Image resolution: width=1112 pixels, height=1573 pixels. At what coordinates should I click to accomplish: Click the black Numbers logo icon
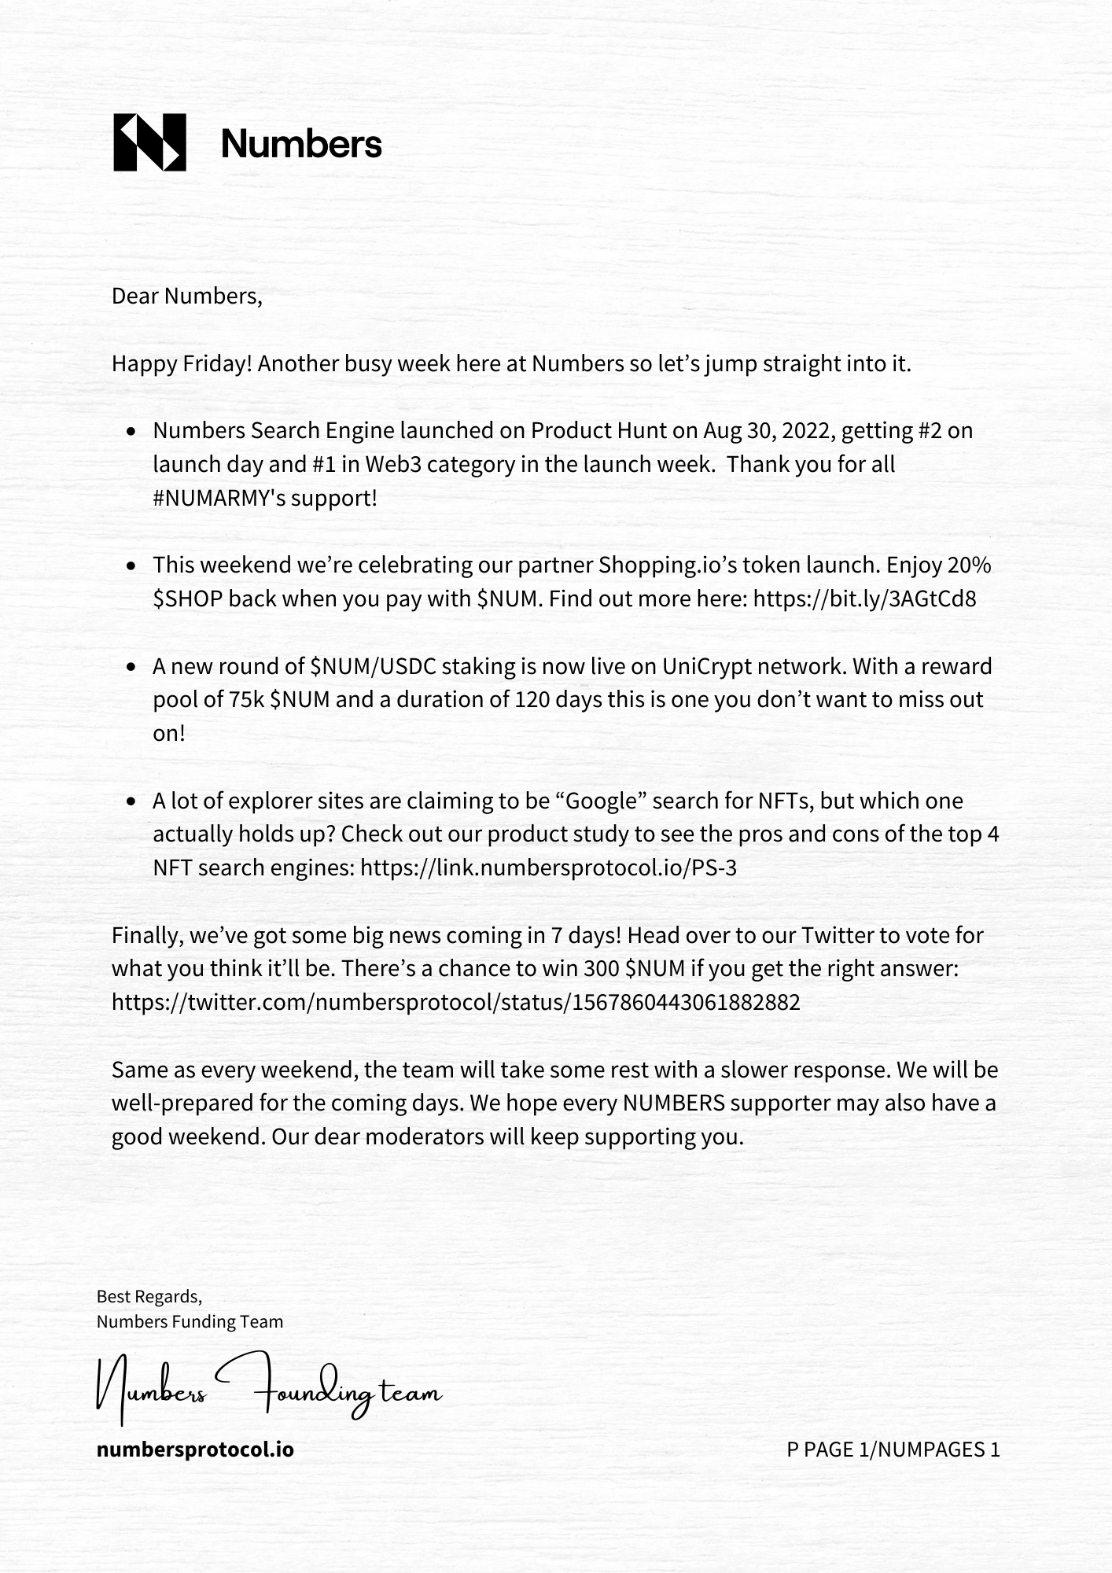[x=149, y=142]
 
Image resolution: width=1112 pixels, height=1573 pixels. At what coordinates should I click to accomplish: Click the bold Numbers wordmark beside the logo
[x=301, y=144]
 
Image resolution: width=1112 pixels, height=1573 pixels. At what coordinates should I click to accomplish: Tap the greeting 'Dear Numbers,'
[x=186, y=297]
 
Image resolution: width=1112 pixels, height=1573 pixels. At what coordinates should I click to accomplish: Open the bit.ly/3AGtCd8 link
[x=864, y=599]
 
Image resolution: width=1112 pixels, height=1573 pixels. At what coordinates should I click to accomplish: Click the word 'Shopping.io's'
[x=668, y=565]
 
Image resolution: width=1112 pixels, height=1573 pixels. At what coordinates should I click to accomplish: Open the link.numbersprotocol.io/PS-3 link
[x=548, y=868]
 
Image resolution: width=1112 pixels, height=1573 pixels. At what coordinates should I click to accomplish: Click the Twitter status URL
[x=455, y=1003]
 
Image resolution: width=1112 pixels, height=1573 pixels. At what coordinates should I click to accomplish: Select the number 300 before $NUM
[x=602, y=969]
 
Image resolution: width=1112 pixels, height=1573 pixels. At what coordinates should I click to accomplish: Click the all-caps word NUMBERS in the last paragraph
[x=673, y=1103]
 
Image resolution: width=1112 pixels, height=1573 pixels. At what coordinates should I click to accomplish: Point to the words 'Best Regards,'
[x=149, y=1296]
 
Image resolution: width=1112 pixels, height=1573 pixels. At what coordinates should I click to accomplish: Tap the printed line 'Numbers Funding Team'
[x=190, y=1322]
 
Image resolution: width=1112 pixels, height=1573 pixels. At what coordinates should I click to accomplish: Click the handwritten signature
[x=267, y=1389]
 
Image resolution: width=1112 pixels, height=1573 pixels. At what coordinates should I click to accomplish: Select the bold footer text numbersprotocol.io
[x=195, y=1450]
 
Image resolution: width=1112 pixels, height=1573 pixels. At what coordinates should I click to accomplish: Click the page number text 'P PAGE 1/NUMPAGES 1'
[x=893, y=1450]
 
